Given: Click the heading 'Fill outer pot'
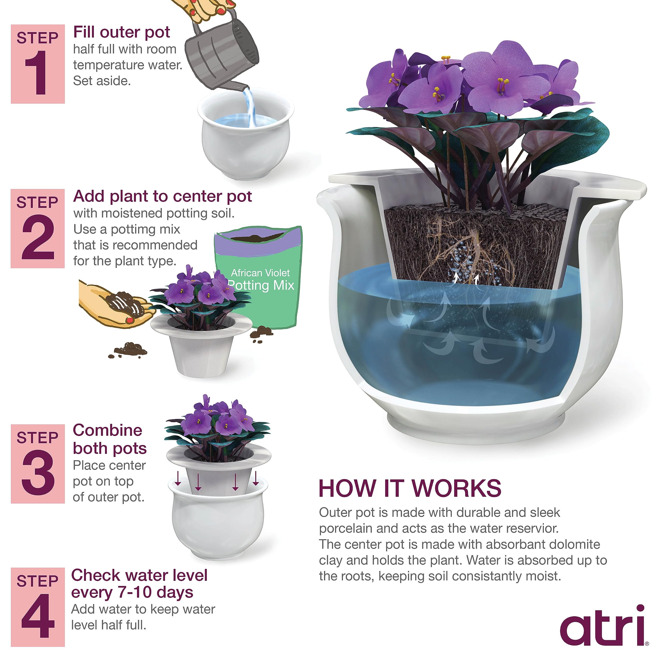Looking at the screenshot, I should [121, 32].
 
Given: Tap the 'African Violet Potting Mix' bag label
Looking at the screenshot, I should [261, 280].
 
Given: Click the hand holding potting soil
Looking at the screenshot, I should [113, 305].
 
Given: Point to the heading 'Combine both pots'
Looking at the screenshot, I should [109, 439].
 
